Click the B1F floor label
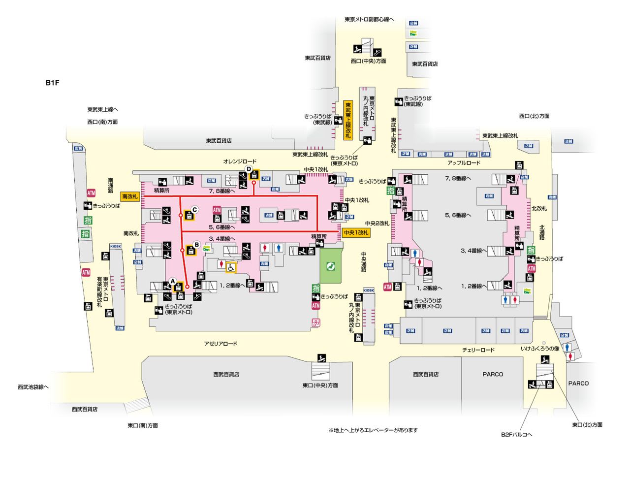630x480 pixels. click(52, 83)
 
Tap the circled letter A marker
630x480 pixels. click(172, 281)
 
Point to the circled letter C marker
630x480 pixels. click(194, 209)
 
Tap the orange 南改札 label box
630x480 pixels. click(130, 196)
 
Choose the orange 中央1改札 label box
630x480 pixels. click(356, 233)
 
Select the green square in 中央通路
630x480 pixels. click(330, 265)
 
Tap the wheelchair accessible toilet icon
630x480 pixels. click(231, 267)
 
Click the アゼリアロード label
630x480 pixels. click(220, 344)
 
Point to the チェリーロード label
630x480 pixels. click(478, 350)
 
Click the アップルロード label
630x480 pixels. click(464, 163)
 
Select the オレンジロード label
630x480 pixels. click(240, 161)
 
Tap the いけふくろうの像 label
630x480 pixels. click(540, 349)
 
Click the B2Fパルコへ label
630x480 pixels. click(516, 435)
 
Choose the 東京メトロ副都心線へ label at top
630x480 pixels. click(369, 20)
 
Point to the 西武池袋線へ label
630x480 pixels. click(33, 387)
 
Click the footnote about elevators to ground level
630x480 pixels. click(373, 430)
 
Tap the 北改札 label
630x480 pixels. click(539, 208)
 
